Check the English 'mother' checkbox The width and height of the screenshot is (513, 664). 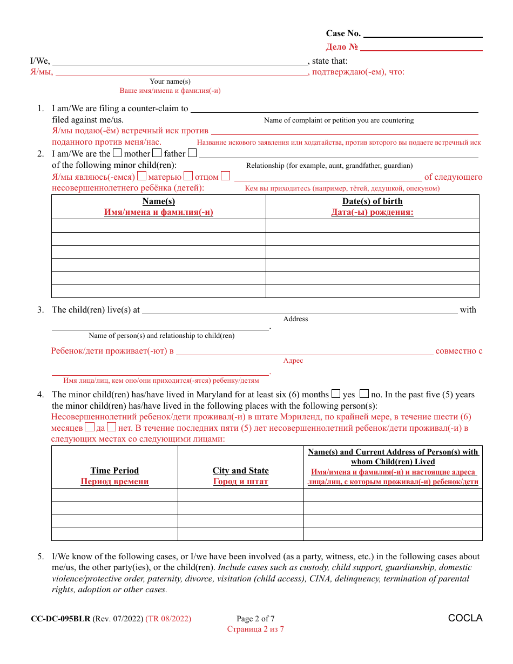point(117,153)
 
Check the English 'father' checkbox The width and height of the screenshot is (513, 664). point(157,153)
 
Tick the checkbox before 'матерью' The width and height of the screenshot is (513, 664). point(142,176)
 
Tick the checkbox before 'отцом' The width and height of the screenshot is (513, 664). point(188,176)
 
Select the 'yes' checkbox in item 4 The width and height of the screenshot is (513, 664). point(335,394)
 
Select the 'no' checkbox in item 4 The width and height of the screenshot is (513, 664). point(364,394)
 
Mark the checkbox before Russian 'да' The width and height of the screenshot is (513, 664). point(90,428)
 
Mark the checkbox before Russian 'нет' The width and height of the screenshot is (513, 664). point(112,428)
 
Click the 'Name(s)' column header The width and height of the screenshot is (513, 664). point(159,201)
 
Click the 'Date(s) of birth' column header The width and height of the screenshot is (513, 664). point(373,201)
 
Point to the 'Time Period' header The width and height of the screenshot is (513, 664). point(114,471)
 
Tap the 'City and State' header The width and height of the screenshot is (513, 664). point(240,471)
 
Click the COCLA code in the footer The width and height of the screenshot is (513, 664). point(465,618)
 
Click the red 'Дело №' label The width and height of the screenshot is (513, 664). point(342,48)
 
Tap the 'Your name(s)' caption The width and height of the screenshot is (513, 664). point(170,82)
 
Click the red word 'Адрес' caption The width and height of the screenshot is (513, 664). point(293,361)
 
